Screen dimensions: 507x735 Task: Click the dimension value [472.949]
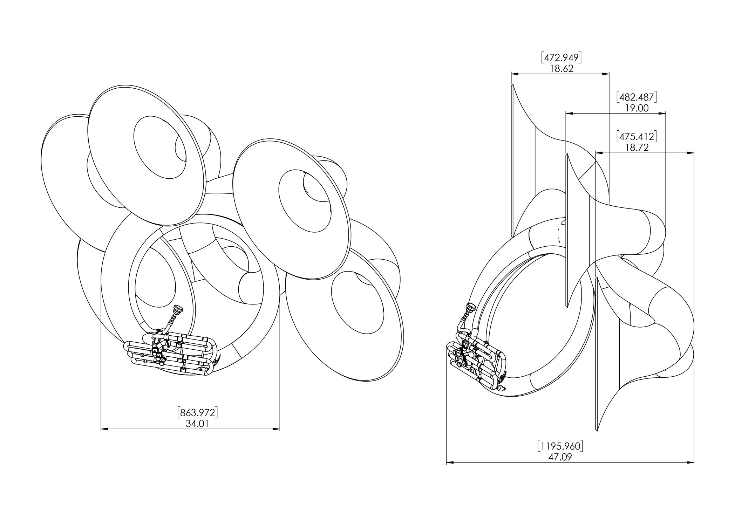pyautogui.click(x=561, y=57)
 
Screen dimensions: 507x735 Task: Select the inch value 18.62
pyautogui.click(x=561, y=68)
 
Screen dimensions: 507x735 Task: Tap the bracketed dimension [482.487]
pyautogui.click(x=637, y=97)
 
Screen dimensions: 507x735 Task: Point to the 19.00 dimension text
pyautogui.click(x=637, y=108)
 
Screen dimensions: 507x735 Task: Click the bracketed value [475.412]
pyautogui.click(x=637, y=136)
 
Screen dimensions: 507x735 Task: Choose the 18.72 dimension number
pyautogui.click(x=637, y=147)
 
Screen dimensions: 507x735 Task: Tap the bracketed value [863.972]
pyautogui.click(x=198, y=412)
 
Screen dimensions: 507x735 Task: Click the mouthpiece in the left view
pyautogui.click(x=178, y=309)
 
